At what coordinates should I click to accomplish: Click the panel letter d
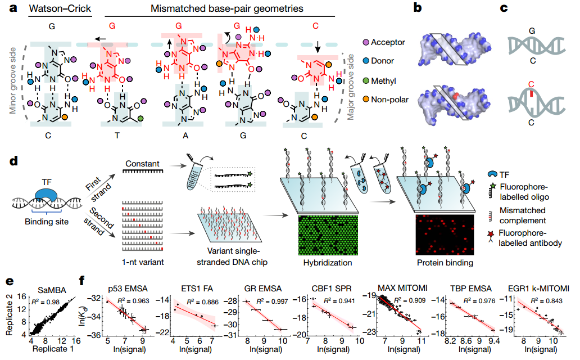pyautogui.click(x=13, y=161)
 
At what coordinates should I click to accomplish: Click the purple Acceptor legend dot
pyautogui.click(x=366, y=43)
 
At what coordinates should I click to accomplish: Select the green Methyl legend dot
pyautogui.click(x=366, y=81)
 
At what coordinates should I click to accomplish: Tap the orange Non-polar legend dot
pyautogui.click(x=366, y=99)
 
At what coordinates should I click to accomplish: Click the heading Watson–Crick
pyautogui.click(x=60, y=8)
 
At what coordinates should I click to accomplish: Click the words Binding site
pyautogui.click(x=47, y=222)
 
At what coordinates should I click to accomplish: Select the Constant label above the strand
pyautogui.click(x=142, y=163)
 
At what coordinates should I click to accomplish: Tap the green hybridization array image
pyautogui.click(x=328, y=235)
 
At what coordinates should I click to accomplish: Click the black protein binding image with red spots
pyautogui.click(x=445, y=235)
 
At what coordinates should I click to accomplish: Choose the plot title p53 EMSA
pyautogui.click(x=128, y=289)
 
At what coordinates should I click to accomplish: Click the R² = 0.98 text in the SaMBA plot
pyautogui.click(x=46, y=302)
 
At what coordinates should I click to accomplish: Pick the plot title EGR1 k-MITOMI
pyautogui.click(x=538, y=289)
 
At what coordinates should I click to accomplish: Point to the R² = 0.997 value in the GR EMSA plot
pyautogui.click(x=272, y=301)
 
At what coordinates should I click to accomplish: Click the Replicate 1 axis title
pyautogui.click(x=53, y=349)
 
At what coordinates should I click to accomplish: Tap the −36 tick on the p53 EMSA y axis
pyautogui.click(x=95, y=335)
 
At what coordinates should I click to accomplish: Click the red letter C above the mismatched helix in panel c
pyautogui.click(x=531, y=84)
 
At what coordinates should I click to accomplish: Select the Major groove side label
pyautogui.click(x=350, y=87)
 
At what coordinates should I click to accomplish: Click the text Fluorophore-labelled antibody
pyautogui.click(x=529, y=238)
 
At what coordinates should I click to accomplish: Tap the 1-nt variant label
pyautogui.click(x=143, y=262)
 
